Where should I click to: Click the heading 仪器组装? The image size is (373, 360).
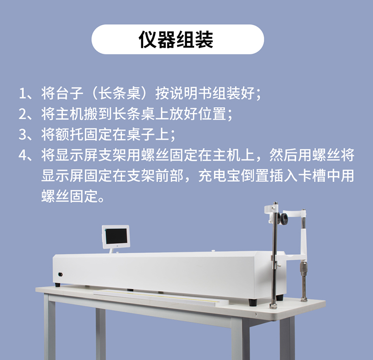(x=176, y=40)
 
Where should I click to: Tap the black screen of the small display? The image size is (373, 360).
(x=116, y=236)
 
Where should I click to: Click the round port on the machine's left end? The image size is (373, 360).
(x=60, y=275)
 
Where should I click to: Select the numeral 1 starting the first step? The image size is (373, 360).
(x=22, y=93)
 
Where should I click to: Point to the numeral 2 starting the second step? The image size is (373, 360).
(x=23, y=114)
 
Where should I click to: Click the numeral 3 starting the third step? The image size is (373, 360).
(x=23, y=134)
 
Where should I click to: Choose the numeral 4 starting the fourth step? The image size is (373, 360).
(x=23, y=155)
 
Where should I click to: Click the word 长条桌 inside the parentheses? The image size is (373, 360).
(x=119, y=93)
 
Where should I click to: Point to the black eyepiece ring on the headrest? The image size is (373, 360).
(x=284, y=218)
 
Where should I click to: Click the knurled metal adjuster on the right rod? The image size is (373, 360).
(x=304, y=268)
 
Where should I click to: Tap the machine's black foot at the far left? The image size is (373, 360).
(x=58, y=285)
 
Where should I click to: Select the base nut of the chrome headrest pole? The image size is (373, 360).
(x=273, y=306)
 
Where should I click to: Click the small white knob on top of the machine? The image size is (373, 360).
(x=213, y=251)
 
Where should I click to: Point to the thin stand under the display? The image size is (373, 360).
(x=111, y=251)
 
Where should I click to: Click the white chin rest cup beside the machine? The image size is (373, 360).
(x=296, y=256)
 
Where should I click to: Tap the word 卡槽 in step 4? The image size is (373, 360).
(x=312, y=176)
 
